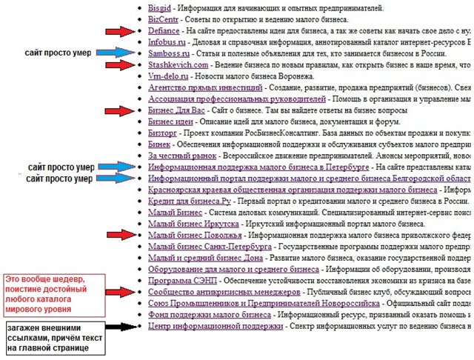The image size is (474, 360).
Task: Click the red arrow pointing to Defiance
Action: [x=120, y=32]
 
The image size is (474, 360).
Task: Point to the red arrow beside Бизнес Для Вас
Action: [x=120, y=110]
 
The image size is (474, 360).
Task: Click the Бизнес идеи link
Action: [x=170, y=121]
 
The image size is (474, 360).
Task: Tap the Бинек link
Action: [x=159, y=144]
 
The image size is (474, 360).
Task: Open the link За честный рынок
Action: [x=182, y=156]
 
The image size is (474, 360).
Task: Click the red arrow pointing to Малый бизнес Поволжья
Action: [x=120, y=235]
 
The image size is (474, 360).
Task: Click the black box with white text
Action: [x=53, y=337]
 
